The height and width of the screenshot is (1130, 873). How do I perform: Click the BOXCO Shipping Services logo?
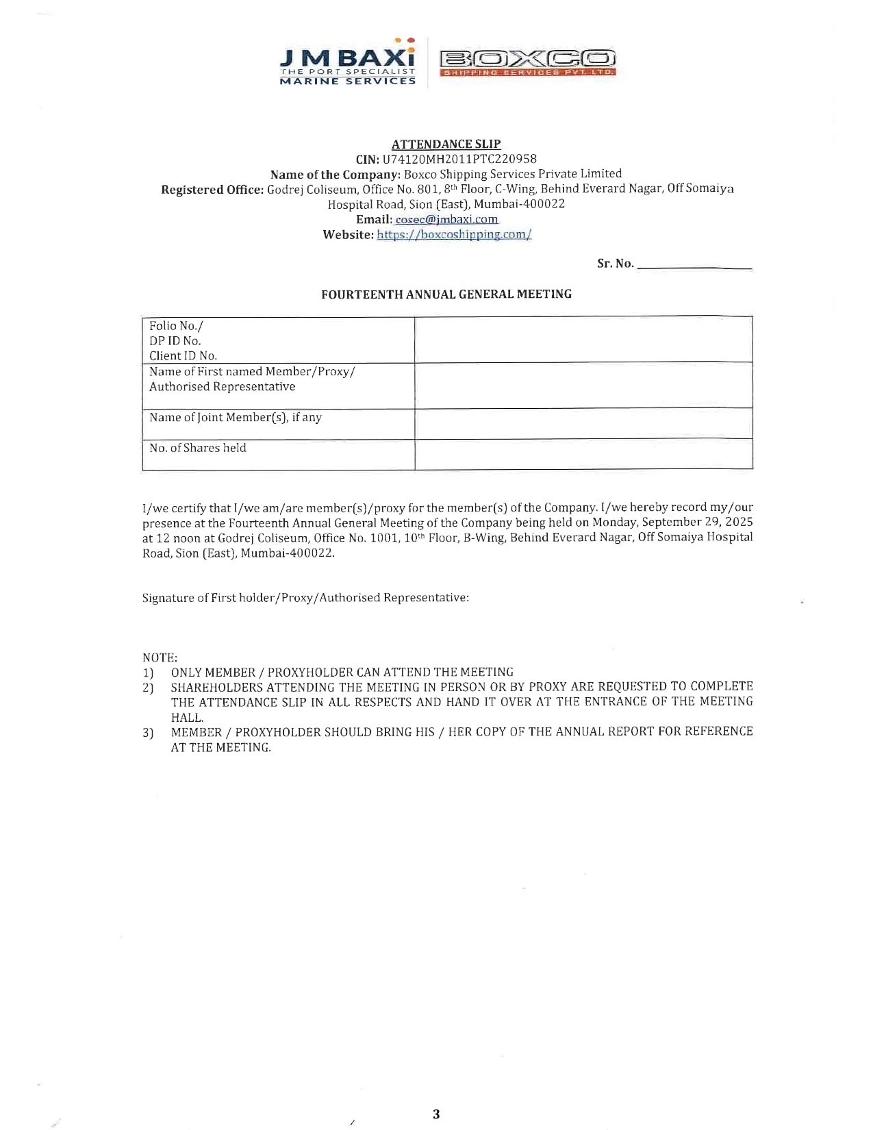pyautogui.click(x=527, y=62)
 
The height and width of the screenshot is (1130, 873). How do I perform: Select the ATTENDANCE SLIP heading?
pyautogui.click(x=446, y=144)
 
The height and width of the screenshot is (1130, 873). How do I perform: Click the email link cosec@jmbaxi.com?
pyautogui.click(x=446, y=219)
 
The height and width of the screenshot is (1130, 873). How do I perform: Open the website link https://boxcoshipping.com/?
pyautogui.click(x=454, y=234)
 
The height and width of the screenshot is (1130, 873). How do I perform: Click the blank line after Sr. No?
pyautogui.click(x=694, y=264)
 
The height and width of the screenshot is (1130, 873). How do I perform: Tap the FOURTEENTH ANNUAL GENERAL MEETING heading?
pyautogui.click(x=446, y=294)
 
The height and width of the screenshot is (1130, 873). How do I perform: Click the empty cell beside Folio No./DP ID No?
pyautogui.click(x=583, y=340)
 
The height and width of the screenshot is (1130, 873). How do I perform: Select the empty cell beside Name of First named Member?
pyautogui.click(x=583, y=386)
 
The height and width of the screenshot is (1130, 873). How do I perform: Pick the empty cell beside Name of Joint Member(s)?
pyautogui.click(x=583, y=424)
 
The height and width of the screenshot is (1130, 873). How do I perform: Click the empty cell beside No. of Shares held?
pyautogui.click(x=583, y=454)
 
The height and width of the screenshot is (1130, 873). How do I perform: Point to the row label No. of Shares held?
pyautogui.click(x=198, y=448)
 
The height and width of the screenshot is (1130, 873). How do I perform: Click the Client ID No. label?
pyautogui.click(x=183, y=355)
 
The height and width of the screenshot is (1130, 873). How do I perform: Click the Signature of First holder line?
pyautogui.click(x=305, y=598)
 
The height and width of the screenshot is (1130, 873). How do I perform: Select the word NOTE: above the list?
pyautogui.click(x=160, y=657)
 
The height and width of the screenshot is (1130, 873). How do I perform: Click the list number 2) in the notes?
pyautogui.click(x=148, y=688)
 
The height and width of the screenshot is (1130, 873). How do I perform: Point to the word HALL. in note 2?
pyautogui.click(x=187, y=718)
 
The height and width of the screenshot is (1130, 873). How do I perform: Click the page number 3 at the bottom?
pyautogui.click(x=436, y=1114)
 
